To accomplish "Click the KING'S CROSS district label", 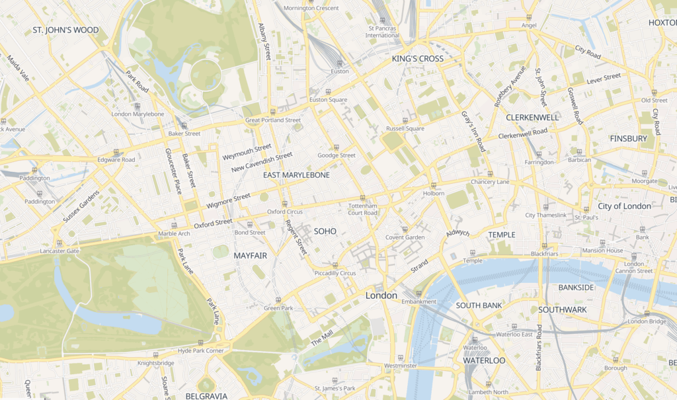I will click(417, 59).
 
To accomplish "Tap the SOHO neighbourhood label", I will click(325, 231).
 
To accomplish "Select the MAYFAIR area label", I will click(251, 255).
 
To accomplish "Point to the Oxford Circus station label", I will click(284, 212).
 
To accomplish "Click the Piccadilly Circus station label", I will click(335, 273).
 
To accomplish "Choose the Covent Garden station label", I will click(405, 237).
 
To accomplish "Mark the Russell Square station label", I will click(405, 129).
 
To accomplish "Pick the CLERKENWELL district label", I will click(532, 117).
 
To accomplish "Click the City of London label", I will click(623, 206).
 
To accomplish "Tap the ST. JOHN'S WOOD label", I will click(65, 30).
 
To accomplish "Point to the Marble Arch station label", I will click(174, 233).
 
